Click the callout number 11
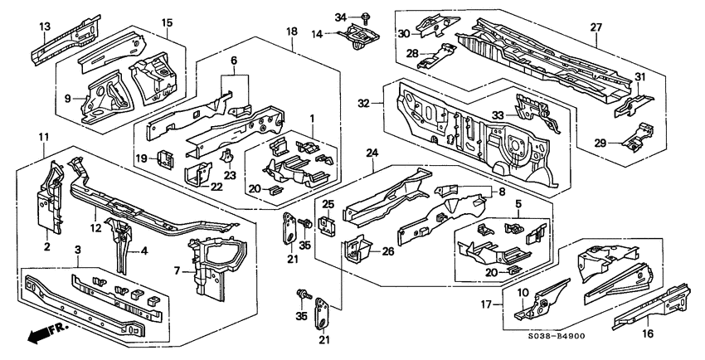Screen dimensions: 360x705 point(43,136)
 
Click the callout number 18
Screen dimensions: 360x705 point(291,31)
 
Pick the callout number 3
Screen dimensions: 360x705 point(78,249)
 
